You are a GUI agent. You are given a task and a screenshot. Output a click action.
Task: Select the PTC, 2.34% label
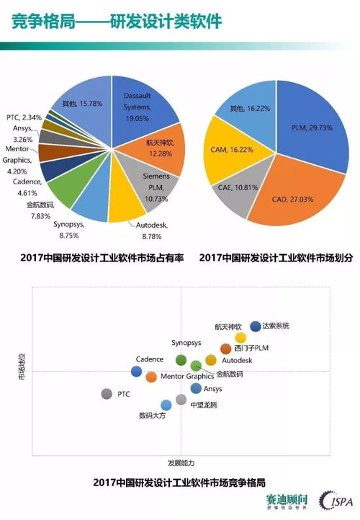coord(22,117)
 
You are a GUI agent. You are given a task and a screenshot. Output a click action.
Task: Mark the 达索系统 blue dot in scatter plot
coord(255,326)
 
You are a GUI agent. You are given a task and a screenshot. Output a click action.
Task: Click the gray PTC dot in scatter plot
coord(107,394)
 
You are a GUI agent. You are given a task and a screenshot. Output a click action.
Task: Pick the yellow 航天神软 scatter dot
coord(240,337)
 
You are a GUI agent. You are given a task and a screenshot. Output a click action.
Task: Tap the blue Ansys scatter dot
coord(195,388)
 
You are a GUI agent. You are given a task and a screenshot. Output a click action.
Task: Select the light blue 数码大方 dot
coord(166,405)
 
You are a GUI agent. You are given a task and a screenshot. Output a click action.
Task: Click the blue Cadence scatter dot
coord(136,371)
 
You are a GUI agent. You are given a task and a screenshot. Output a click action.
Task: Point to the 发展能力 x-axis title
coord(181,462)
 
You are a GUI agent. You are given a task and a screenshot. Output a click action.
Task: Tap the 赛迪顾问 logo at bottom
coord(287,500)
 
